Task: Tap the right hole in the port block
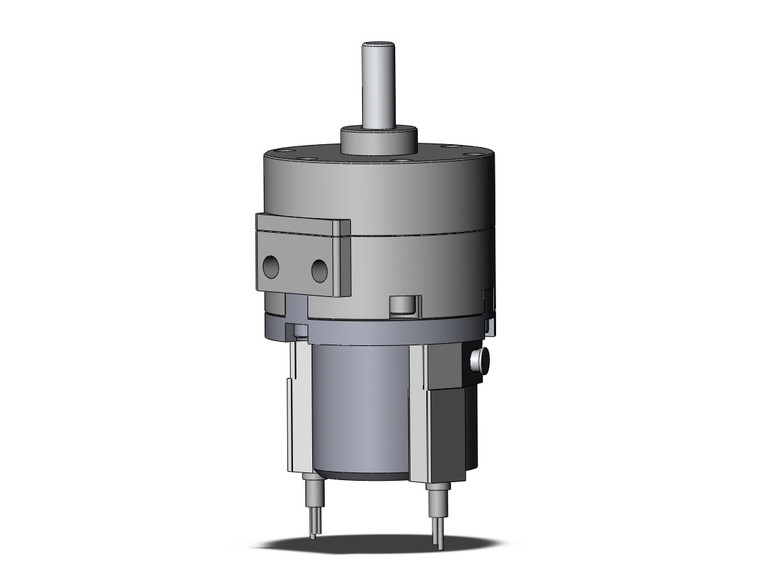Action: pyautogui.click(x=319, y=270)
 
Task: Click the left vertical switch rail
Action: pyautogui.click(x=297, y=410)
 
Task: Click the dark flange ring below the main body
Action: pyautogui.click(x=380, y=325)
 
